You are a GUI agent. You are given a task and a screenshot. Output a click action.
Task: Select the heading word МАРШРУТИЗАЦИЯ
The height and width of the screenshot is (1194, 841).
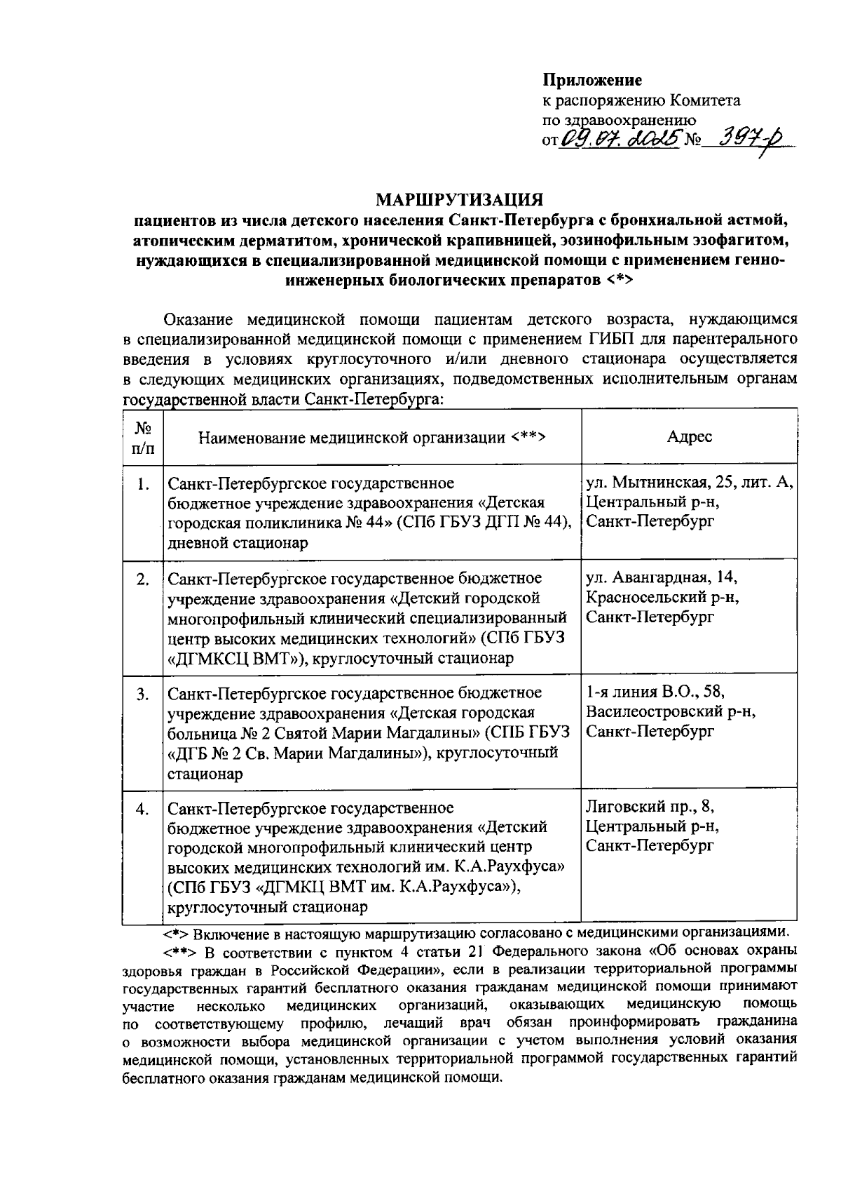[x=460, y=199]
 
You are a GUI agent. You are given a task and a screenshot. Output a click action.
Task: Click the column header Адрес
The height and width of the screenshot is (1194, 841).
[x=689, y=437]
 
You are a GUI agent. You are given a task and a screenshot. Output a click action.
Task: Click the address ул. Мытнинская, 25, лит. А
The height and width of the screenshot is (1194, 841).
[x=689, y=483]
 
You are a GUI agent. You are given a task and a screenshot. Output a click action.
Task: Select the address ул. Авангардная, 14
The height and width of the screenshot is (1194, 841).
[x=662, y=578]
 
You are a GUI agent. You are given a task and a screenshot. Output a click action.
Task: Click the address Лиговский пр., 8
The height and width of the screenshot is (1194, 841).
[x=650, y=807]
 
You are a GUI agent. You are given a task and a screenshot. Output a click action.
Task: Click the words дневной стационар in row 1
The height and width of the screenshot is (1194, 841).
[x=238, y=543]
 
